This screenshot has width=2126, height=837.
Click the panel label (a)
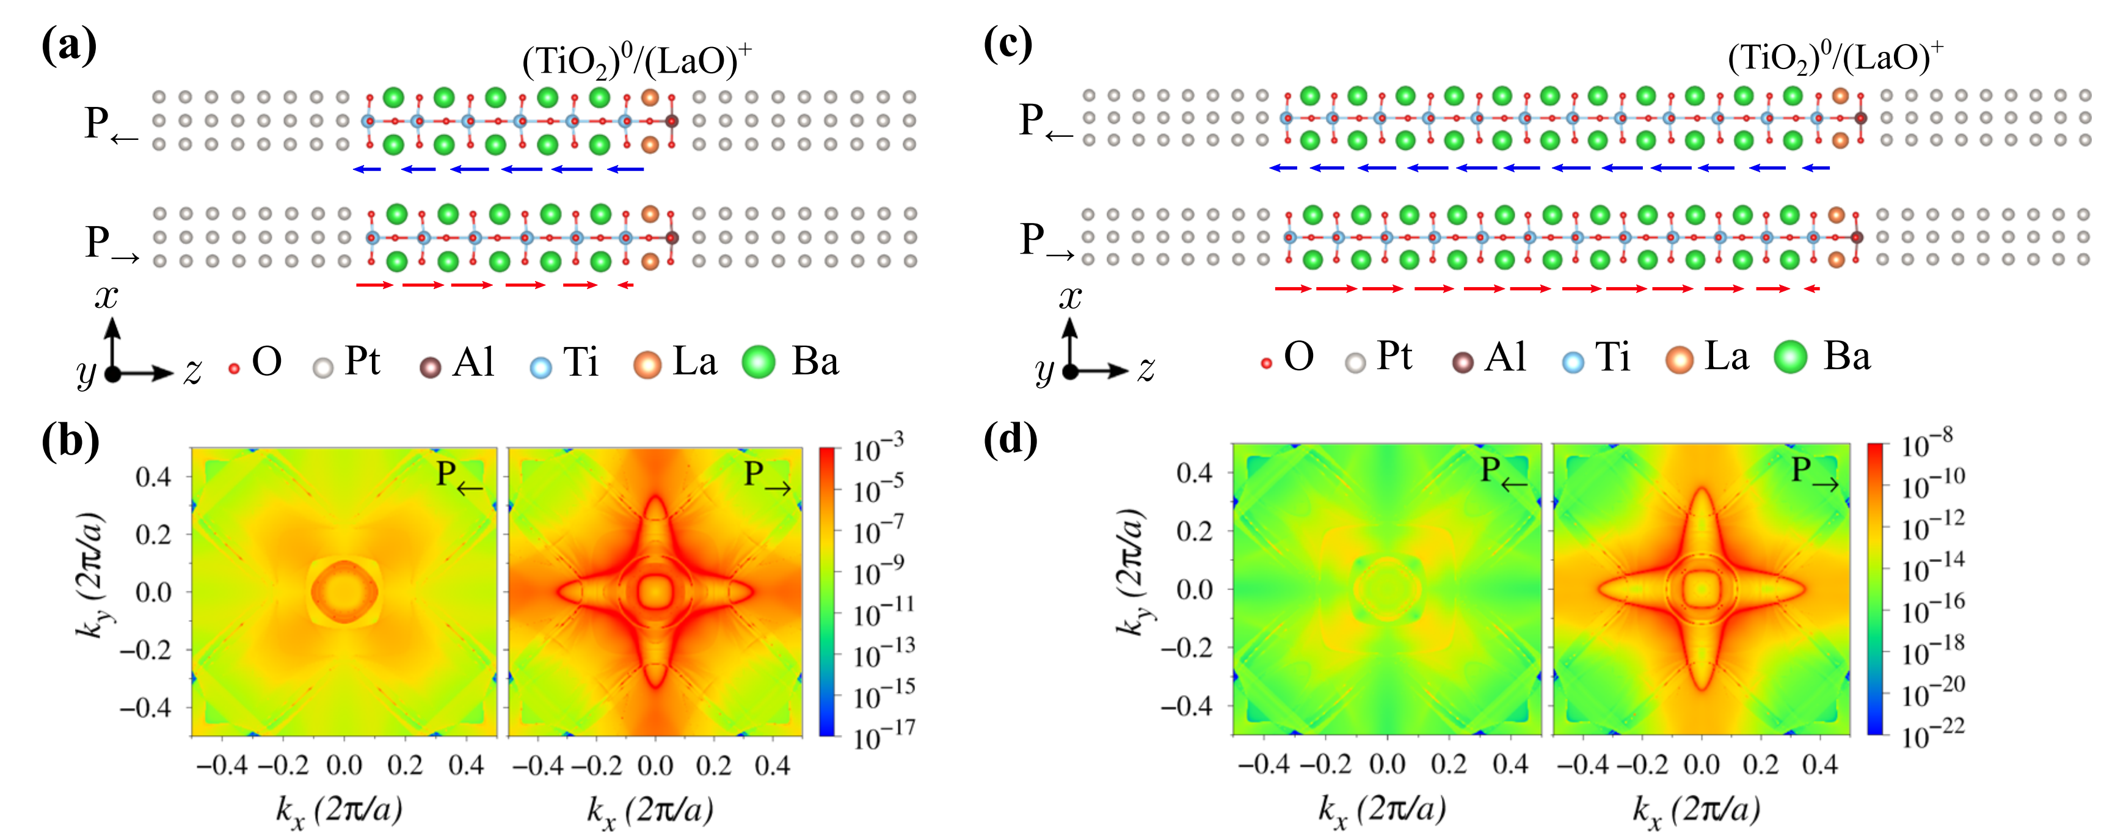tap(68, 45)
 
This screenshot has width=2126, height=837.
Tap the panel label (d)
tap(1010, 439)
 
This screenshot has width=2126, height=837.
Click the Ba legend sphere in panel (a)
tap(758, 362)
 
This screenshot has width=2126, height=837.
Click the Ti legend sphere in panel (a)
tap(541, 367)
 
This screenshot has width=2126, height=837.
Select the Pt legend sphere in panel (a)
tap(324, 367)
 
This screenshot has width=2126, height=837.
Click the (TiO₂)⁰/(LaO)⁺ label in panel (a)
tap(636, 60)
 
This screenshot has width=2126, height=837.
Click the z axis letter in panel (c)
tap(1146, 370)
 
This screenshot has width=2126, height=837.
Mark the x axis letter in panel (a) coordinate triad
tap(106, 296)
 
